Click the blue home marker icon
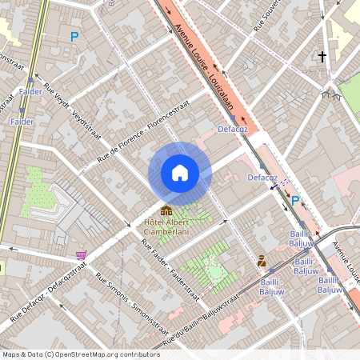[x=180, y=172]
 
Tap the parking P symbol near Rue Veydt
[x=74, y=36]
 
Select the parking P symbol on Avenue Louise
[x=295, y=201]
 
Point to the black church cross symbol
[x=322, y=58]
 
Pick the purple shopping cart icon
[x=81, y=255]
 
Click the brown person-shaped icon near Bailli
[x=262, y=260]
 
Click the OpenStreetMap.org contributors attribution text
[x=104, y=354]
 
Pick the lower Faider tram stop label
[x=22, y=121]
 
